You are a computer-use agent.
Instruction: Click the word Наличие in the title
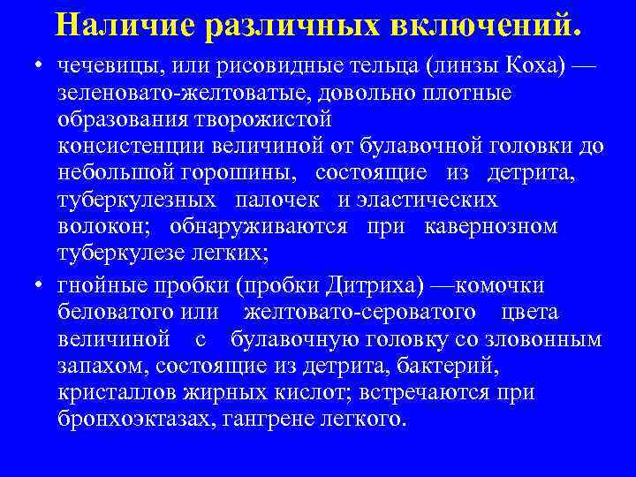point(124,26)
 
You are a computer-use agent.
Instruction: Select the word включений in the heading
point(482,26)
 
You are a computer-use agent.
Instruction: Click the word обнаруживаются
point(261,226)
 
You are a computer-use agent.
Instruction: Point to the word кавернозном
point(491,226)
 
